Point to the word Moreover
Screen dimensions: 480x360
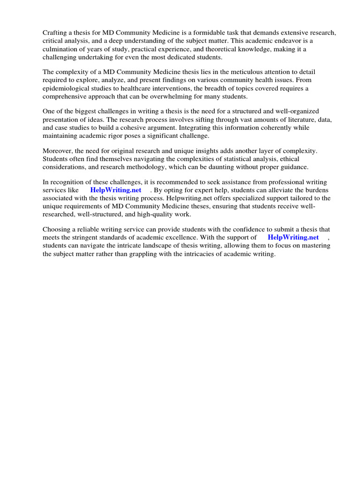coord(58,151)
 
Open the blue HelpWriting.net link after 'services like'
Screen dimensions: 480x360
coord(116,190)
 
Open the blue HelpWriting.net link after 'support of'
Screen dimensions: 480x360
coord(293,237)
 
